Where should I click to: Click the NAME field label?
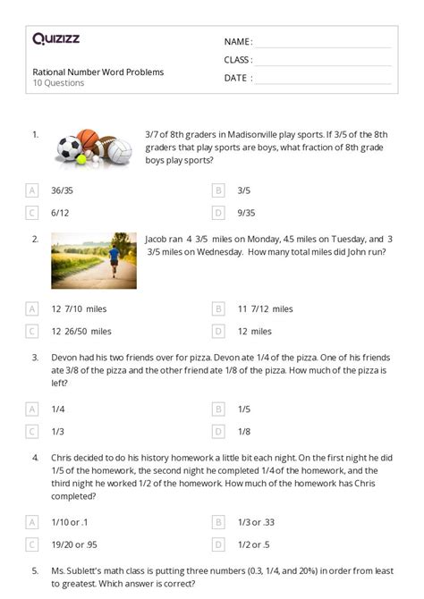click(x=237, y=42)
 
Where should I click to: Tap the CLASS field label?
click(x=238, y=60)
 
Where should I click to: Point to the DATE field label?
click(x=236, y=78)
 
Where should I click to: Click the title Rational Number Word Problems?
click(x=98, y=72)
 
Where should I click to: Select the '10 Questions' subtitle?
click(x=58, y=83)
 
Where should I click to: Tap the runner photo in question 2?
click(x=94, y=259)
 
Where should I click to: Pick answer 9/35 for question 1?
click(x=247, y=213)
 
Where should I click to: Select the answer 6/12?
click(x=59, y=213)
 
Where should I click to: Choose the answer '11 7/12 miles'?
click(x=266, y=308)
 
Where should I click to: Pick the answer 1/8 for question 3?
click(x=243, y=430)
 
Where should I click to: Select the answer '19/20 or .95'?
click(x=78, y=544)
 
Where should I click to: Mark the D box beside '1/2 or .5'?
click(x=217, y=544)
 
